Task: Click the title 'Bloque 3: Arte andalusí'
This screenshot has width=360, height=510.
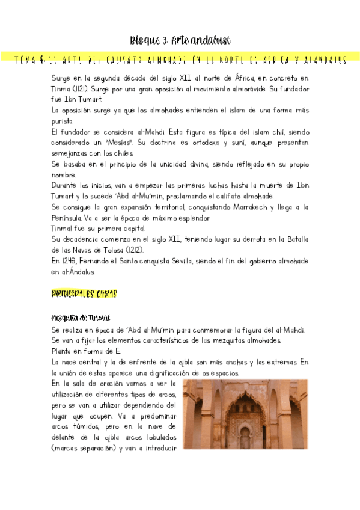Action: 180,40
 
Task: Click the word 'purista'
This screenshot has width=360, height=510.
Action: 63,121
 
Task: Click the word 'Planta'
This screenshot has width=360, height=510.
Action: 64,351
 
